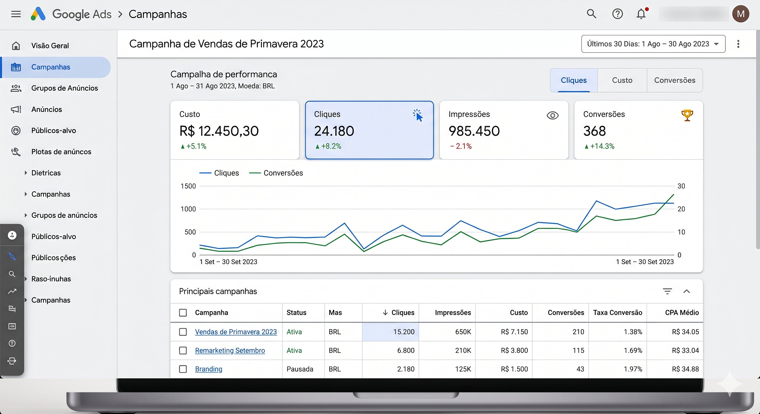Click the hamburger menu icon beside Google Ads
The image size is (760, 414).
click(16, 14)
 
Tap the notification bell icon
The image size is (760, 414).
click(641, 14)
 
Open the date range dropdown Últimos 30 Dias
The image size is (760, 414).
click(653, 44)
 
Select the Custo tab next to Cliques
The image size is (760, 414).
click(622, 80)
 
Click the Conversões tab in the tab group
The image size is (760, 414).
click(674, 80)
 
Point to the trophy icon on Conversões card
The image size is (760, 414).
click(687, 115)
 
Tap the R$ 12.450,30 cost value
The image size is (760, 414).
click(219, 131)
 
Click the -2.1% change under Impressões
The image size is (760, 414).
click(461, 146)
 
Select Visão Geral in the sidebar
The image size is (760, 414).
click(50, 46)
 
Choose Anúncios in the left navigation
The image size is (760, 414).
click(47, 109)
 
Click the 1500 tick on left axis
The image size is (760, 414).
click(188, 186)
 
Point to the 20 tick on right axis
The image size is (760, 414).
click(681, 209)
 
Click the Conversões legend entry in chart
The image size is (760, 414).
click(283, 173)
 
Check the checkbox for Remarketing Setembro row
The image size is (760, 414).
click(183, 350)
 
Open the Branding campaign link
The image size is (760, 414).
click(209, 369)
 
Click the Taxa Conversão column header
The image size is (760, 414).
click(617, 313)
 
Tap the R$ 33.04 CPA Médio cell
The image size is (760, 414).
click(685, 350)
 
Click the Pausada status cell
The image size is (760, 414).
click(300, 369)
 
